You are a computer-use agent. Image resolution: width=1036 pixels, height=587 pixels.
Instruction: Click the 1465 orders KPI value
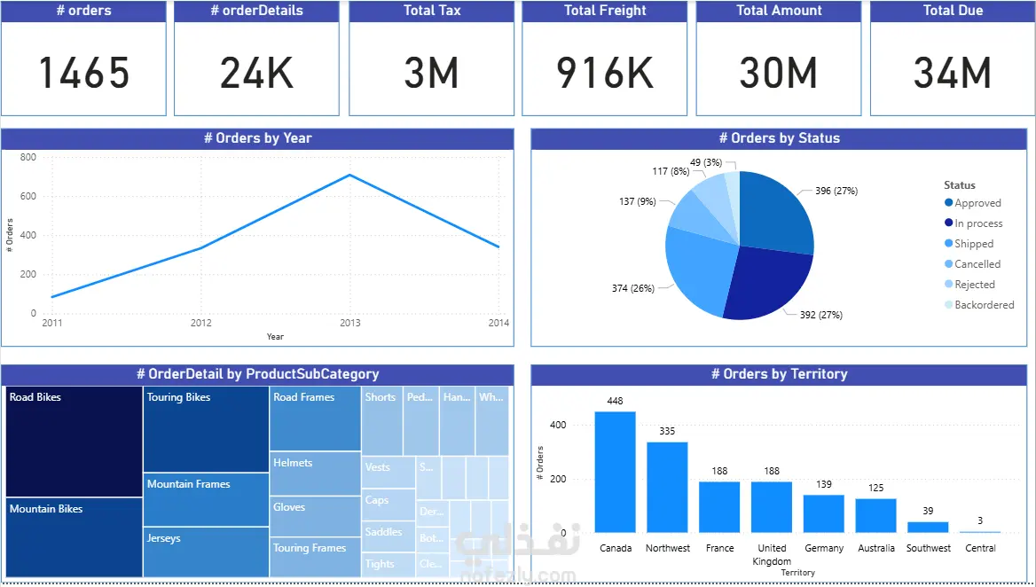(x=84, y=73)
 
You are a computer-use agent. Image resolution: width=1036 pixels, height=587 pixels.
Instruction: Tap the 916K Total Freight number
(x=605, y=73)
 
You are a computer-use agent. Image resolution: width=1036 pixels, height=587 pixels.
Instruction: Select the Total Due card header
(x=953, y=11)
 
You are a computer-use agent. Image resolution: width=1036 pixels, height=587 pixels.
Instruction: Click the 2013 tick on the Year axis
(x=350, y=323)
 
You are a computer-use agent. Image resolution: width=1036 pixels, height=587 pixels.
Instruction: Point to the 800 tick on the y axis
(x=27, y=157)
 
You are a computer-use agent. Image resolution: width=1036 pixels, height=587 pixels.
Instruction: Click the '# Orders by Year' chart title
(x=257, y=138)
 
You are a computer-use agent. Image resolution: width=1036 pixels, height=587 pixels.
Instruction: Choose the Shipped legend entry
(x=974, y=244)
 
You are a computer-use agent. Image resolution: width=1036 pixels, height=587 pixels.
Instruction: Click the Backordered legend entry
(x=984, y=305)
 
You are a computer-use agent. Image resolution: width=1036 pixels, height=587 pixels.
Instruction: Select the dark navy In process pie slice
(x=767, y=282)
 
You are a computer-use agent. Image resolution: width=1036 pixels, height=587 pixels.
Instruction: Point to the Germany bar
(x=824, y=513)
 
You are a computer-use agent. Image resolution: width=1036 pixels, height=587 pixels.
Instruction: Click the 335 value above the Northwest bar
(x=667, y=431)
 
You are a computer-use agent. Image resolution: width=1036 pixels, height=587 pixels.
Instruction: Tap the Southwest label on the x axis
(x=928, y=548)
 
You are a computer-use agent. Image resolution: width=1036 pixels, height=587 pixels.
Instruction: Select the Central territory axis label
(x=980, y=548)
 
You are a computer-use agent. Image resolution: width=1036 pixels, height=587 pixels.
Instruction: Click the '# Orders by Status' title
(x=779, y=138)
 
